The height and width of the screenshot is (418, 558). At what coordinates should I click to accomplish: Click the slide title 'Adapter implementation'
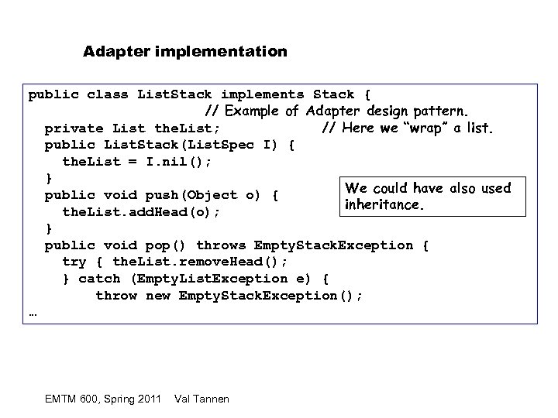(x=185, y=53)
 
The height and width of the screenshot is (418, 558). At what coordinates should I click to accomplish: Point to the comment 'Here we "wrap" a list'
(x=408, y=128)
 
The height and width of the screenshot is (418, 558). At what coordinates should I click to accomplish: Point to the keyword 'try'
(x=74, y=262)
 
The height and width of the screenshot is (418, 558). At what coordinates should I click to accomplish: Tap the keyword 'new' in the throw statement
(x=157, y=296)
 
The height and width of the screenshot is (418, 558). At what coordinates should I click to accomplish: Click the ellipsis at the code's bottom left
(x=33, y=313)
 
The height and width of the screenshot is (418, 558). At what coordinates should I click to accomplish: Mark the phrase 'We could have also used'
(x=428, y=188)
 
